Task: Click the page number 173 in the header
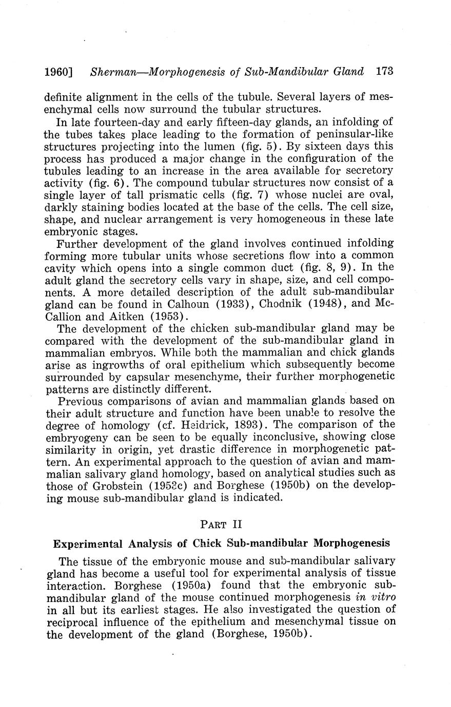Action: click(384, 72)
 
